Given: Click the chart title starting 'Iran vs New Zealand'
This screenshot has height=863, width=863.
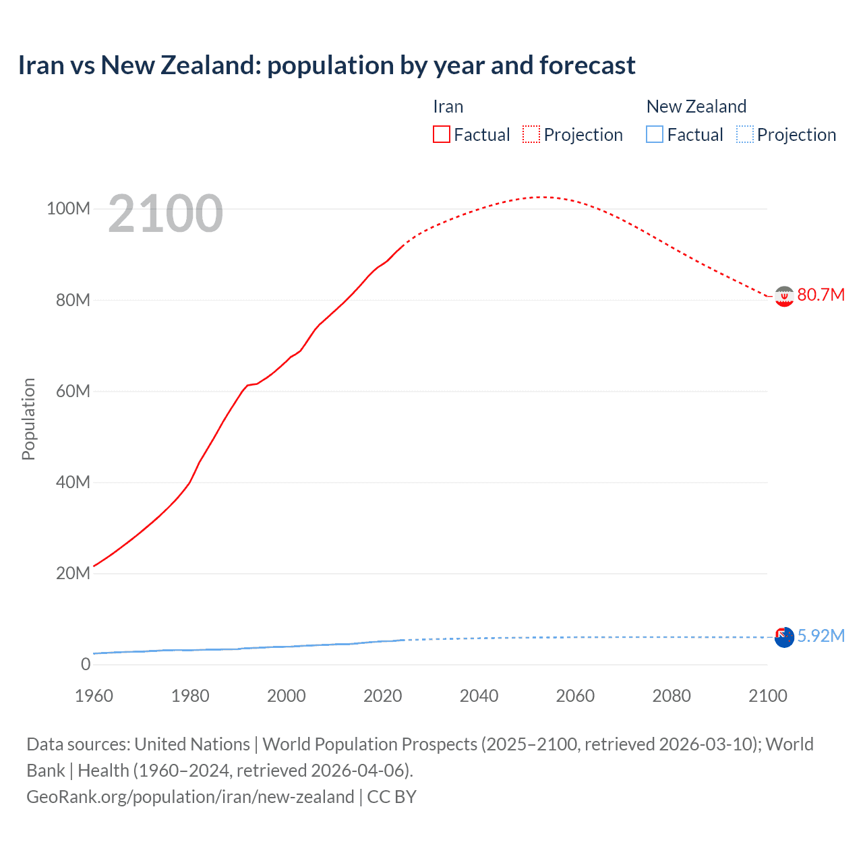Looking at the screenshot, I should (326, 65).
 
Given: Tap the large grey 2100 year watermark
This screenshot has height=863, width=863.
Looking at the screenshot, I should (165, 214).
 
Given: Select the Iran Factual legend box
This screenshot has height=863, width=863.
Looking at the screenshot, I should (441, 134).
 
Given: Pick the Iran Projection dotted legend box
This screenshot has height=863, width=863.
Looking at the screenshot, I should (531, 134).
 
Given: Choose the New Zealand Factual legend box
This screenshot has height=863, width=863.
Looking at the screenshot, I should (654, 134).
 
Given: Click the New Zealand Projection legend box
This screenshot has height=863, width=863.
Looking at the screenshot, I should (744, 134).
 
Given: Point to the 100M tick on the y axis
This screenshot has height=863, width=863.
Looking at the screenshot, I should (68, 208).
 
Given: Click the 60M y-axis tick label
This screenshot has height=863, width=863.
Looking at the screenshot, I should (72, 391).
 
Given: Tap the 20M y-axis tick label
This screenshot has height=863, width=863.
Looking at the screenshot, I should (72, 573).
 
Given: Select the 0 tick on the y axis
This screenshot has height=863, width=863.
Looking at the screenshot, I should (86, 664).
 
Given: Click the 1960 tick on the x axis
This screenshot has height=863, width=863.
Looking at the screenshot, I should (94, 696).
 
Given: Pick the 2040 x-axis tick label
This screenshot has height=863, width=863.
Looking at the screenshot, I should (479, 696).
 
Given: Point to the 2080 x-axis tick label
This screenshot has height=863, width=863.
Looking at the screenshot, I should (672, 696).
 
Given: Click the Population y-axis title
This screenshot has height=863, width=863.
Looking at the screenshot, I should (28, 419).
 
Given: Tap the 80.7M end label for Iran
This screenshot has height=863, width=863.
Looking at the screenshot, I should (821, 295).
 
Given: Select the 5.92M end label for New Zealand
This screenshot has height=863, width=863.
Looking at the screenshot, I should (821, 636).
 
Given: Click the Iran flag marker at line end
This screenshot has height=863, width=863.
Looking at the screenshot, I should (784, 296).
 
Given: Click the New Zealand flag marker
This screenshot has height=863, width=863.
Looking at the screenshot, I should (784, 637).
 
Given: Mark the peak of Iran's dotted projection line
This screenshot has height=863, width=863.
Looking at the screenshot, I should (541, 197).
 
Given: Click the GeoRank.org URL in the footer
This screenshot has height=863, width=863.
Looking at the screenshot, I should (190, 796).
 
